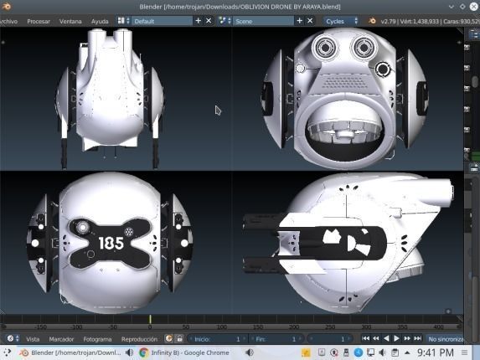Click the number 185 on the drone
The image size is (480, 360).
point(111,243)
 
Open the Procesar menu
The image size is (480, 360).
point(39,21)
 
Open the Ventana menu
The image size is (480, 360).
point(71,21)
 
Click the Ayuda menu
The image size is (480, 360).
point(100,21)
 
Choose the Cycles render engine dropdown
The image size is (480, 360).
point(339,21)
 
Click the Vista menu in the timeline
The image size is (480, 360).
point(33,339)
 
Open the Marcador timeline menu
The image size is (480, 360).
point(61,339)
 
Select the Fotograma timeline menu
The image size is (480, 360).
point(97,339)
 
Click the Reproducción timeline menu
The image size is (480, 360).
point(139,339)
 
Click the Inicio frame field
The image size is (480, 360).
point(216,339)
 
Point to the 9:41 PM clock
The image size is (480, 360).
point(435,353)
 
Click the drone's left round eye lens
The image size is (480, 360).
point(324,48)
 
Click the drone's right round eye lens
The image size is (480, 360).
point(364,48)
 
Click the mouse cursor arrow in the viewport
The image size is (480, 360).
point(218,110)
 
